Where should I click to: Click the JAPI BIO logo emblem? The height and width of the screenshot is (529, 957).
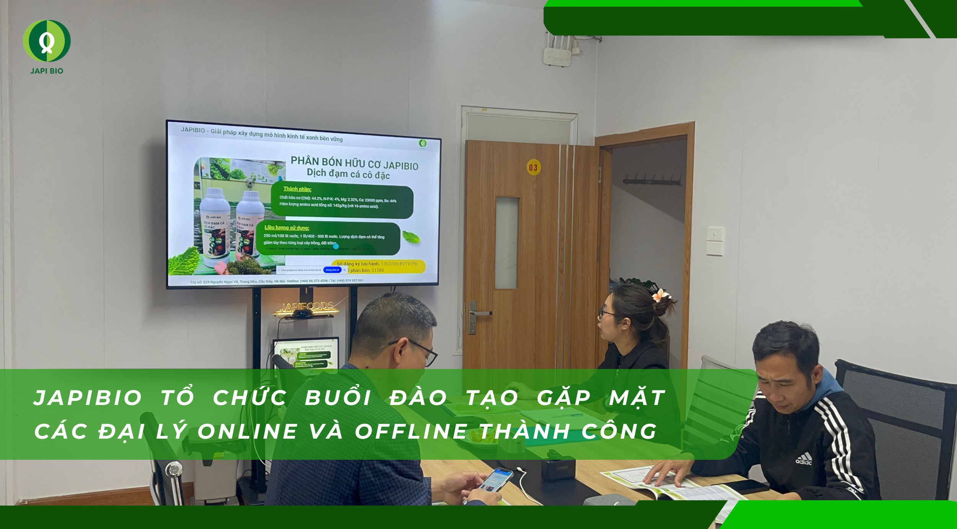[x=47, y=41]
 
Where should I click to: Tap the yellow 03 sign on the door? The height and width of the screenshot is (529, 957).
[x=533, y=167]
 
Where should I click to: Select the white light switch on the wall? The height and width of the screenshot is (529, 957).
[x=715, y=241]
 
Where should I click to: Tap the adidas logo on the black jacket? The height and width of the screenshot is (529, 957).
[x=803, y=459]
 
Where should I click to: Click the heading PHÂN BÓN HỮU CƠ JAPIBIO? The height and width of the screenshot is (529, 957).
[x=354, y=163]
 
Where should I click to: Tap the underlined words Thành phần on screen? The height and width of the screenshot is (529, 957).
[x=297, y=189]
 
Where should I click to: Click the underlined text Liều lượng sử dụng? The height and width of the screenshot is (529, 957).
[x=287, y=228]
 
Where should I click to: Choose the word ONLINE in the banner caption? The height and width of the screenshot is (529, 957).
[x=248, y=432]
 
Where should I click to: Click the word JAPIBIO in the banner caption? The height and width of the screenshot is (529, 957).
[x=88, y=398]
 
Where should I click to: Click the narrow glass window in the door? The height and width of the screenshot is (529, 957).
[x=507, y=243]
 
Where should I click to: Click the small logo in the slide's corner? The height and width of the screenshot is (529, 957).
[x=422, y=144]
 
